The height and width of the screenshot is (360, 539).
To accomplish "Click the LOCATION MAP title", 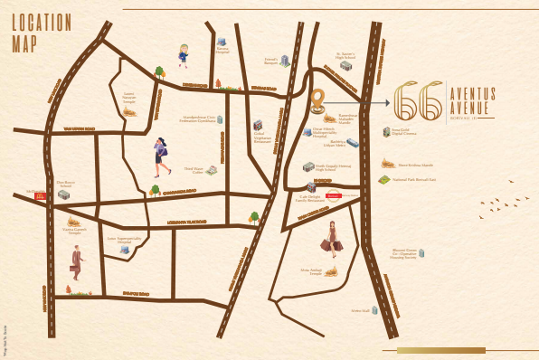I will click(x=42, y=32).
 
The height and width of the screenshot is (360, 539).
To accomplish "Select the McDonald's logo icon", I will click(x=40, y=194).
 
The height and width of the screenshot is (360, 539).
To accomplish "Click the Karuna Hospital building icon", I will click(x=222, y=43).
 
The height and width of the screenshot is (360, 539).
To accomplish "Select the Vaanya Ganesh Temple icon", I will click(x=73, y=222).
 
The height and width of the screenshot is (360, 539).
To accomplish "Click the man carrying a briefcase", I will click(x=77, y=262).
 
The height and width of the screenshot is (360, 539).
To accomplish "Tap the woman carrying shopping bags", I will click(x=332, y=237).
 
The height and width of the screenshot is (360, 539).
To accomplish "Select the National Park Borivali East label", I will click(x=414, y=180).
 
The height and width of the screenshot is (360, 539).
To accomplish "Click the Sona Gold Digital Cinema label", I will click(x=405, y=133).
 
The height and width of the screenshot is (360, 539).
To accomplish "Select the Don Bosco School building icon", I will click(x=64, y=194).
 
